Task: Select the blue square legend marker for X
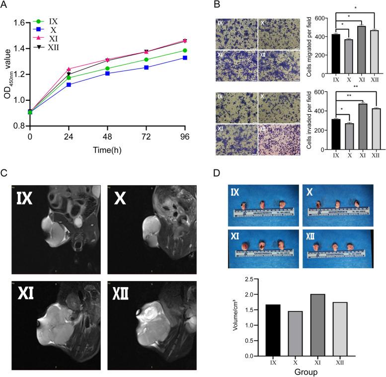coord(37,30)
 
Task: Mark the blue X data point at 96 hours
coord(185,58)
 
